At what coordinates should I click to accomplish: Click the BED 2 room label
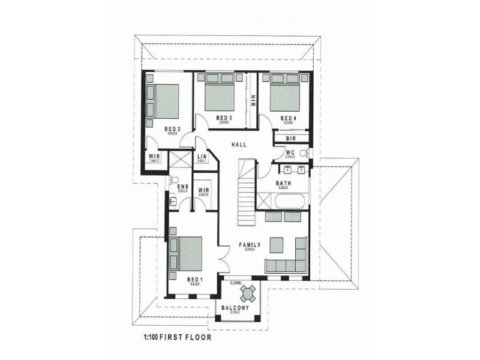pyautogui.click(x=173, y=128)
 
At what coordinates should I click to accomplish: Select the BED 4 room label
pyautogui.click(x=289, y=118)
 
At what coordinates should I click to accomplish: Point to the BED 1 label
pyautogui.click(x=195, y=280)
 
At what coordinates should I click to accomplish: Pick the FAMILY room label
pyautogui.click(x=250, y=245)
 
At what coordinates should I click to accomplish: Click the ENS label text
pyautogui.click(x=183, y=187)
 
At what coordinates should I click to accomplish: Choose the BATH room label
pyautogui.click(x=284, y=184)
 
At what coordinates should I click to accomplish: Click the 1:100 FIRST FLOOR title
pyautogui.click(x=177, y=337)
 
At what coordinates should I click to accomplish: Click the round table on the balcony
pyautogui.click(x=248, y=293)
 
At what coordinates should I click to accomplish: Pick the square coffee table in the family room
pyautogui.click(x=276, y=245)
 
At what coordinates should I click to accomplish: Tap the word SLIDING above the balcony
pyautogui.click(x=237, y=281)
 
